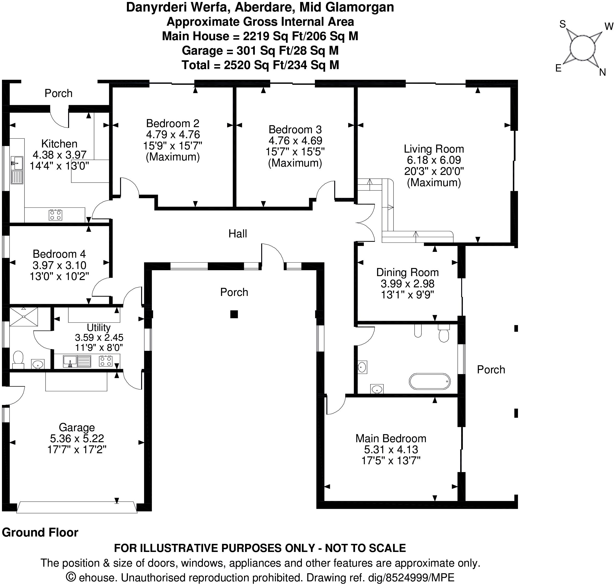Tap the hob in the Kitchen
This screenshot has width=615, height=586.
click(55, 215)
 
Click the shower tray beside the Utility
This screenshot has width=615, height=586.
click(24, 317)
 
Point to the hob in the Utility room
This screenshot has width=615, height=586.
click(106, 361)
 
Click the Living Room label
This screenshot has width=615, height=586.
click(434, 149)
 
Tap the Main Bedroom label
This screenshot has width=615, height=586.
click(391, 438)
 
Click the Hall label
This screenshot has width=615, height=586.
click(238, 234)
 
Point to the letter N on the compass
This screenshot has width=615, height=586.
click(603, 73)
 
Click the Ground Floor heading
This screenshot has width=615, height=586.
click(40, 532)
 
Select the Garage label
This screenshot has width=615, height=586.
click(77, 427)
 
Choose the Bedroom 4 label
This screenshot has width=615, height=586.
click(59, 254)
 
